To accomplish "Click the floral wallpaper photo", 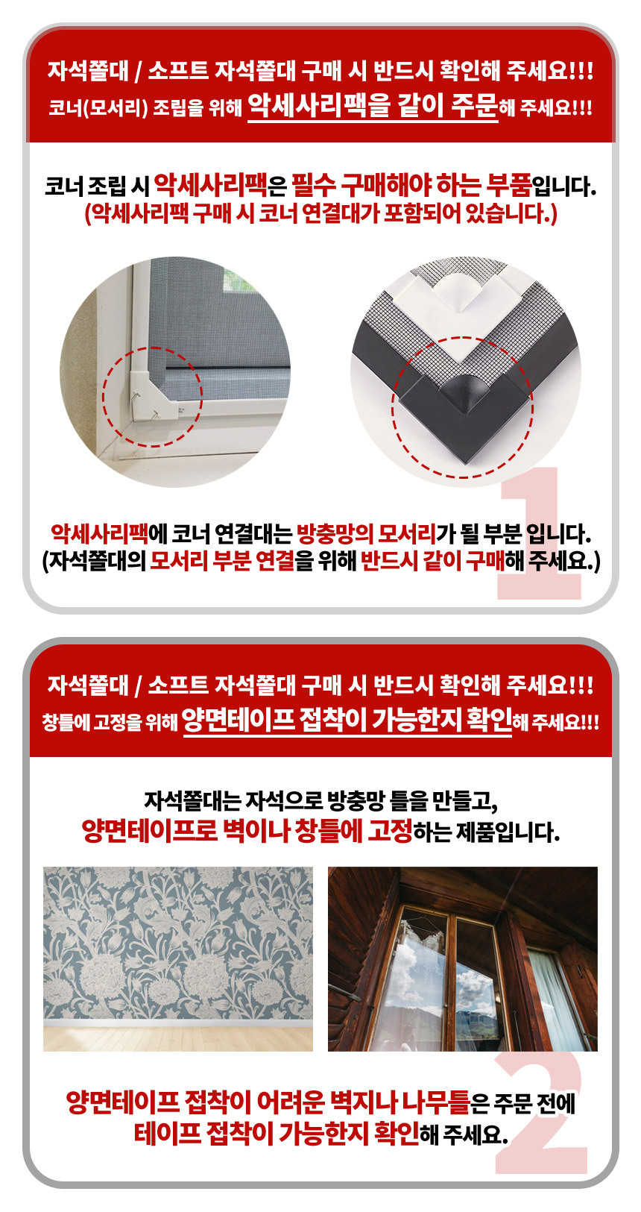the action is (178, 958).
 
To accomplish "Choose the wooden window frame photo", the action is (463, 958).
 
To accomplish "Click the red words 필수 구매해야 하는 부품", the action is (411, 186).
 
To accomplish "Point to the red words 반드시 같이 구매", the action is (432, 561).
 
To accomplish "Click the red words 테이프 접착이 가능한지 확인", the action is (277, 1133).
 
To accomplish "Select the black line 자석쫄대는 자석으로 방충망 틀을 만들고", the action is (320, 800).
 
